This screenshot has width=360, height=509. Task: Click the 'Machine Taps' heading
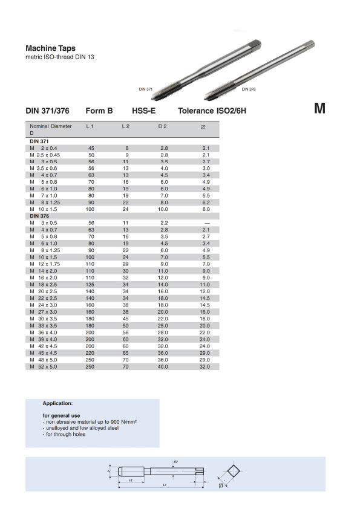[x=50, y=48]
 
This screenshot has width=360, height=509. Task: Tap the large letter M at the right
[x=319, y=108]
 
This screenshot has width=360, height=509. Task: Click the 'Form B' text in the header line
[x=99, y=111]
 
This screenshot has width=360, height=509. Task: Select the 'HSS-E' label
[x=143, y=111]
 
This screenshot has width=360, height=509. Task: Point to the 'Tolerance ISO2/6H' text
[x=212, y=111]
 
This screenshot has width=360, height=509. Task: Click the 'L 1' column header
[x=90, y=126]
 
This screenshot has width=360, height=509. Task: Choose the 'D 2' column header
[x=163, y=126]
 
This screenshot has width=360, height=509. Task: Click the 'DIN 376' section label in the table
[x=39, y=216]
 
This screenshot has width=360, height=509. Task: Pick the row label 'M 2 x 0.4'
[x=43, y=148]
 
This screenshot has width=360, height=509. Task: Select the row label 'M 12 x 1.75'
[x=45, y=264]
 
